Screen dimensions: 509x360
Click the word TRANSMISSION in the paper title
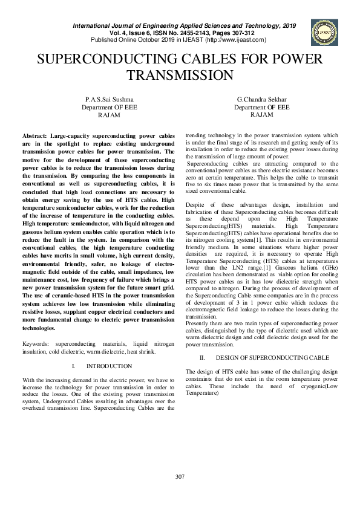(x=180, y=75)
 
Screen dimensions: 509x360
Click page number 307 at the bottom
(x=180, y=477)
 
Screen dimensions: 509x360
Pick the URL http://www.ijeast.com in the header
(x=235, y=40)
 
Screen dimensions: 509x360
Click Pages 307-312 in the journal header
(x=247, y=33)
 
